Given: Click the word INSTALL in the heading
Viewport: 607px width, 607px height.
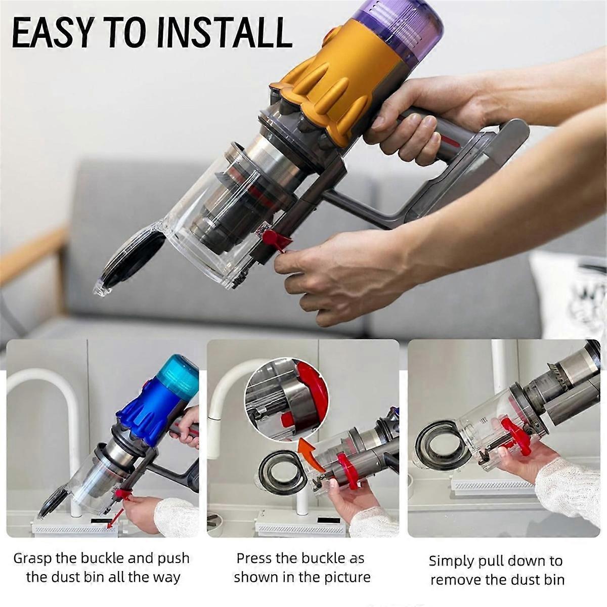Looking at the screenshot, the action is [225, 34].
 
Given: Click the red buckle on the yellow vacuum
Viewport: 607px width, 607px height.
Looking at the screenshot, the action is [273, 238].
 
